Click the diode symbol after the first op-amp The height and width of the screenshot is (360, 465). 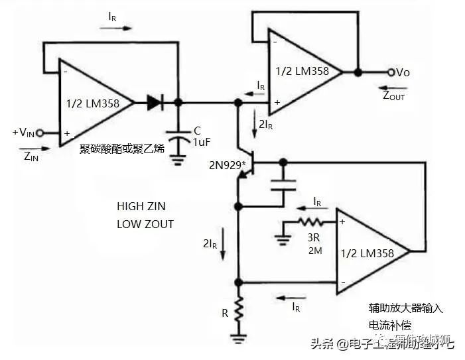click(x=155, y=103)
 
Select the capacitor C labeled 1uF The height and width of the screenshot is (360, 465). click(x=178, y=137)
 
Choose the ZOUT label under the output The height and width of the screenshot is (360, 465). click(x=393, y=95)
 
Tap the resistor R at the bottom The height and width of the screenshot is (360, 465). click(x=238, y=312)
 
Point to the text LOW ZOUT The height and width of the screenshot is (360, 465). click(x=145, y=224)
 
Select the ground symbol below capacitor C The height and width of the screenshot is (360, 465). click(x=178, y=158)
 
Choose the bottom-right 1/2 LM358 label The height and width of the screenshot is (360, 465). click(x=366, y=253)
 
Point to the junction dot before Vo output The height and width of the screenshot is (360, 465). click(x=358, y=72)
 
